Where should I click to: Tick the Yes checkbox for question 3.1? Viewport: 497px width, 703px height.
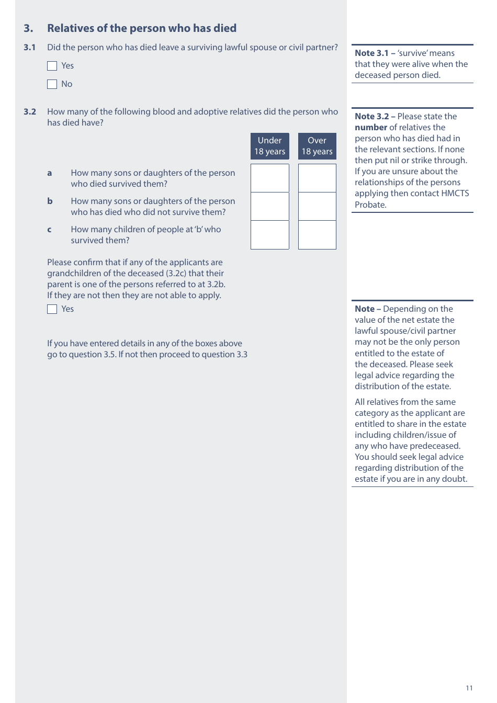point(52,66)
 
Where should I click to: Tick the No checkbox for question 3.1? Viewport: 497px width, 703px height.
point(52,84)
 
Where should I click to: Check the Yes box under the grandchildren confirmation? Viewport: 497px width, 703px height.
point(52,309)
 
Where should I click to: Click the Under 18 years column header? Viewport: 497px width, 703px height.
point(270,146)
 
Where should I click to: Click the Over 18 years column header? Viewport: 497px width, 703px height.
point(317,146)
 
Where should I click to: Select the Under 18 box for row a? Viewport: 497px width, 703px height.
point(270,178)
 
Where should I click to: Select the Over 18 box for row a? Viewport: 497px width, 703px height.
point(317,178)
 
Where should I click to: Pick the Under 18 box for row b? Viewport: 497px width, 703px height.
point(270,207)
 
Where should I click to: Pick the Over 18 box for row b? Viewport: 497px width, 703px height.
point(317,207)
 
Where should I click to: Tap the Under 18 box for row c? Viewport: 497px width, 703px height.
point(270,235)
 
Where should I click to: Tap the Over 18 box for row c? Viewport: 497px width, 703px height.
point(317,235)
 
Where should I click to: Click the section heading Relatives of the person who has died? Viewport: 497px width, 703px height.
point(142,28)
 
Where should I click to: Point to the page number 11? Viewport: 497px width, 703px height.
point(469,688)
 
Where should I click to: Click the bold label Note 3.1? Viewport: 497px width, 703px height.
point(371,53)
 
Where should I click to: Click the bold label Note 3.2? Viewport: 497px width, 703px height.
point(371,117)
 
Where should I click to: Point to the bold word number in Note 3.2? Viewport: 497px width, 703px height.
point(371,128)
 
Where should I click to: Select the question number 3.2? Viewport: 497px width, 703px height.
point(30,112)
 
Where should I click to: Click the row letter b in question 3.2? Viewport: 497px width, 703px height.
point(50,201)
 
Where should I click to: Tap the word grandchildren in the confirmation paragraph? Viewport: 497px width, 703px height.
point(72,274)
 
